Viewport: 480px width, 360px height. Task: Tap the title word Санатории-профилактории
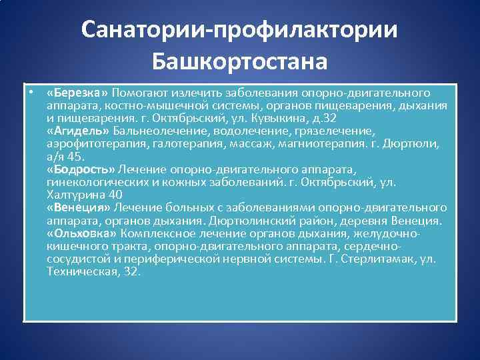240,30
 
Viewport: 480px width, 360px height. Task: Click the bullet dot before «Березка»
31,92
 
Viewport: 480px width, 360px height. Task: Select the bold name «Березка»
79,93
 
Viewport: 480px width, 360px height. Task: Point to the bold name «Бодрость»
81,170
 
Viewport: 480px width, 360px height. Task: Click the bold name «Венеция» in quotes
79,208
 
